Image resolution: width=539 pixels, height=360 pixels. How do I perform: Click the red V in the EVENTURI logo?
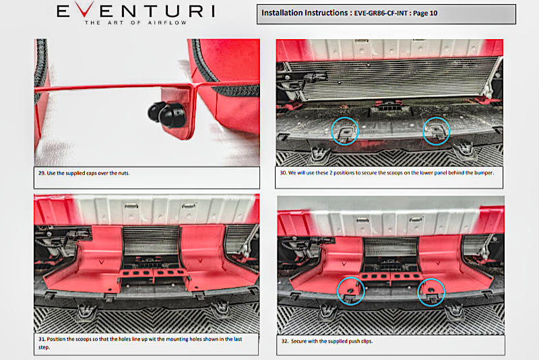tap(84, 9)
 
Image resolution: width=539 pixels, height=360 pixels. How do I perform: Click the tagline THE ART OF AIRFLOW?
tap(136, 23)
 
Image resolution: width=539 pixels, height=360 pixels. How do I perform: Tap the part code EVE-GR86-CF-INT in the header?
tap(381, 13)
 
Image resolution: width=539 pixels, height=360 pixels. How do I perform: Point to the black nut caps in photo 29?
tap(167, 114)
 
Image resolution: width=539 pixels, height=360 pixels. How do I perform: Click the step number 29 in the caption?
tap(42, 173)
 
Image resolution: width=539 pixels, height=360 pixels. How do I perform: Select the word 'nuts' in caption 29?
tap(123, 173)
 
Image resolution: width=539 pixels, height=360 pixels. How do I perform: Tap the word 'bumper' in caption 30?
tap(484, 173)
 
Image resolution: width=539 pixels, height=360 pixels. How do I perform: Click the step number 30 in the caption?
tap(283, 173)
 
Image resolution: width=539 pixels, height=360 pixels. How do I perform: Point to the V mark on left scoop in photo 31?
tap(102, 262)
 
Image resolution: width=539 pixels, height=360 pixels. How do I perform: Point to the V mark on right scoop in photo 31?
tap(200, 261)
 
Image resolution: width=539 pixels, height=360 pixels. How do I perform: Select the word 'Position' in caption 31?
tap(57, 339)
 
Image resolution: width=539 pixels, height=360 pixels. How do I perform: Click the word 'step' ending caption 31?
tap(44, 347)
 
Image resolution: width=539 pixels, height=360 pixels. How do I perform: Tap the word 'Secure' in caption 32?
tap(298, 341)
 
